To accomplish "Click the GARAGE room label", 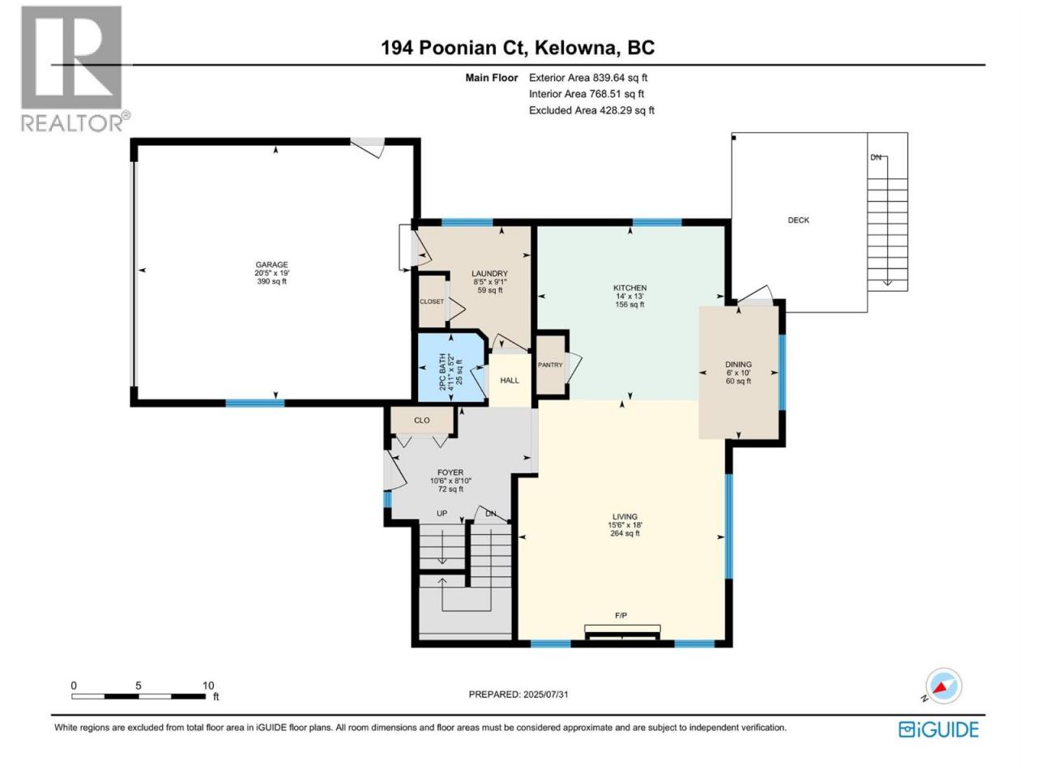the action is pyautogui.click(x=271, y=264).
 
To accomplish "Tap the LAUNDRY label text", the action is pyautogui.click(x=489, y=273).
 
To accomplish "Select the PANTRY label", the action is pyautogui.click(x=550, y=365).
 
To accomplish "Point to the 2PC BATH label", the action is pyautogui.click(x=442, y=372).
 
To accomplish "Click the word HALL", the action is pyautogui.click(x=510, y=380).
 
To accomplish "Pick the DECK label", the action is pyautogui.click(x=799, y=220).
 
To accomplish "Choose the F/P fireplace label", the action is pyautogui.click(x=621, y=615).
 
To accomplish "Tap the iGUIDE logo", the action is pyautogui.click(x=939, y=730).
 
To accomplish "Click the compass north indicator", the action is pyautogui.click(x=944, y=686).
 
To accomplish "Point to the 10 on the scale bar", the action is pyautogui.click(x=208, y=686).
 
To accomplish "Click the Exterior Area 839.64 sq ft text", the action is pyautogui.click(x=588, y=78).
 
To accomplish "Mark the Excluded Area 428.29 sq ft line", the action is pyautogui.click(x=591, y=110).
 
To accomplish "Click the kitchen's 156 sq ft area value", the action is pyautogui.click(x=629, y=305).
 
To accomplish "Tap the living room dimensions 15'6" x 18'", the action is pyautogui.click(x=625, y=525).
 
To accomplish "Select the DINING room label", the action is pyautogui.click(x=738, y=364).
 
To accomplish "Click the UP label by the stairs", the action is pyautogui.click(x=442, y=514).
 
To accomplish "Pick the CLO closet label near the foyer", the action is pyautogui.click(x=421, y=420).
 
